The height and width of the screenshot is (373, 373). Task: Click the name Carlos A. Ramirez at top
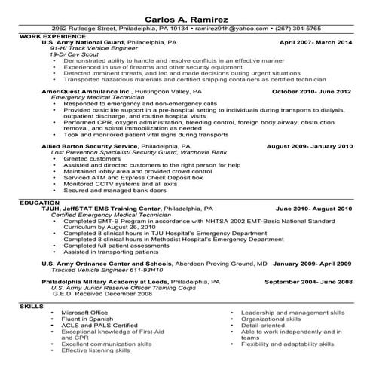[x=186, y=16]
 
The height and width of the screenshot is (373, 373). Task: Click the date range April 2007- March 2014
[x=316, y=43]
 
